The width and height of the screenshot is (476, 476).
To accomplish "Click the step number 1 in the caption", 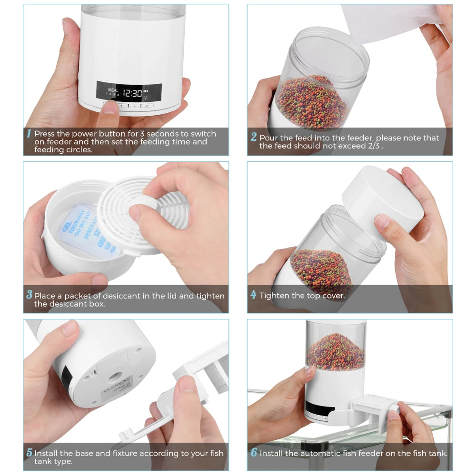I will [x=29, y=134].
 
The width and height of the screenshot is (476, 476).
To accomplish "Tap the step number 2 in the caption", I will [x=254, y=138].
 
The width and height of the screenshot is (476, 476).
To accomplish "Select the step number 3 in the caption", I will [x=29, y=295].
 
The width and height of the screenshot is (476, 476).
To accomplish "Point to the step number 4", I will [x=254, y=295].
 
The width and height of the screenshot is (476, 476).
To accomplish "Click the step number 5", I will [x=29, y=453].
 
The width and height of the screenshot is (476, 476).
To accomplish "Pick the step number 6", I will [x=254, y=453].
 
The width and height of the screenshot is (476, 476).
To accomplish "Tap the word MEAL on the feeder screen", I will [x=113, y=89].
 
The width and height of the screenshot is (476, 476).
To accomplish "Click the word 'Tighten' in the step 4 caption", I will [x=275, y=296].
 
